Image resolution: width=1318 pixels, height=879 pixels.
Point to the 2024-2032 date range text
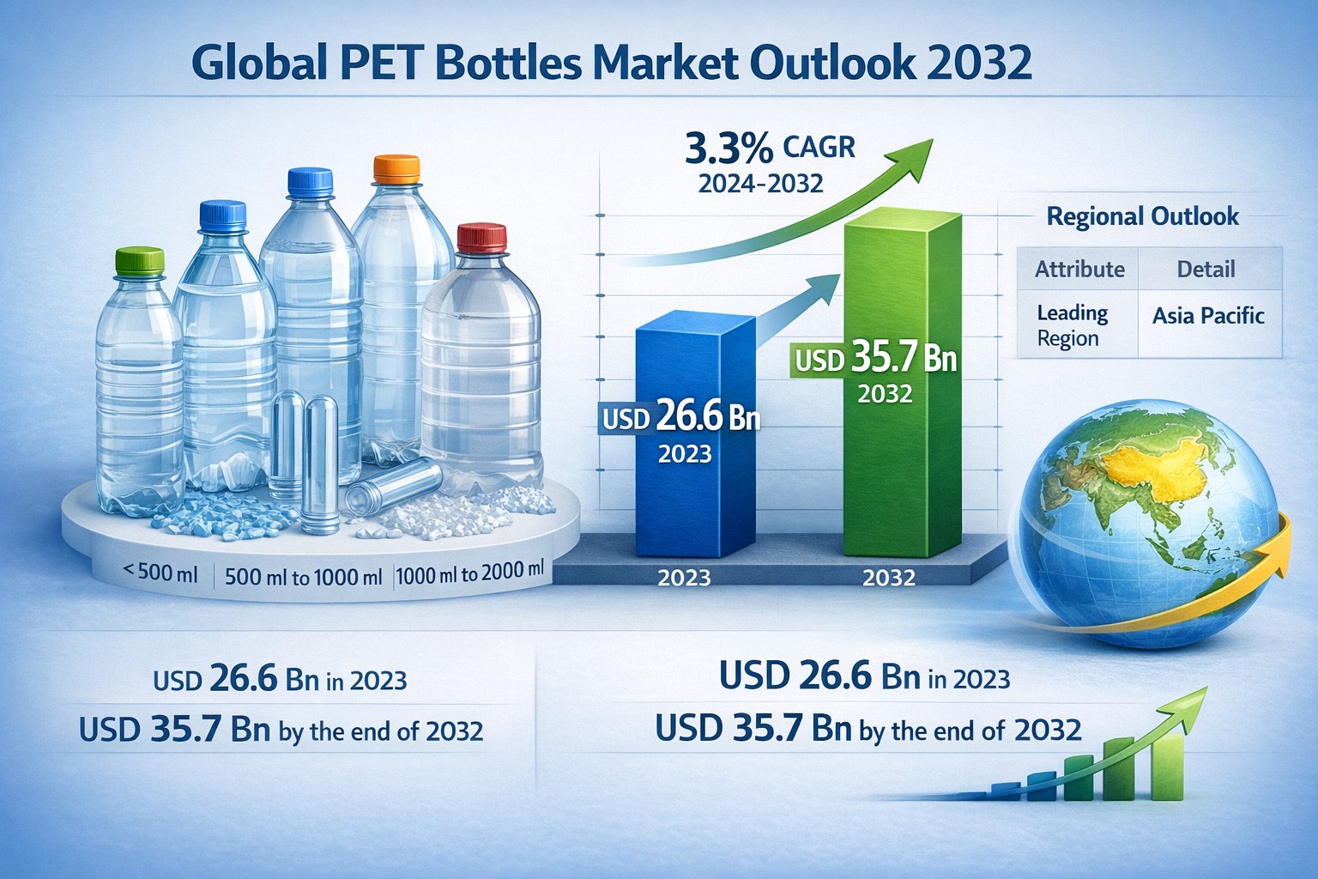tap(760, 184)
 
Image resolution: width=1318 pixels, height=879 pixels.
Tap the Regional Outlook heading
tap(1142, 216)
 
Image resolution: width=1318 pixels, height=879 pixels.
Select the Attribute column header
tap(1079, 270)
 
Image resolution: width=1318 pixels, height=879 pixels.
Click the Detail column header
tap(1206, 270)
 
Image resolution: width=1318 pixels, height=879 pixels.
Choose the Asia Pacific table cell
tap(1208, 316)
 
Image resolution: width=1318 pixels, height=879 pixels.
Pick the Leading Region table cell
tap(1072, 325)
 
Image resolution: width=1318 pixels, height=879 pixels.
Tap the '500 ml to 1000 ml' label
tap(303, 577)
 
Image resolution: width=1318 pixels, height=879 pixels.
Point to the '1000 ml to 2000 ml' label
tap(470, 573)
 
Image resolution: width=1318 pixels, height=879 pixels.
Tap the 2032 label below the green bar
tap(889, 578)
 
